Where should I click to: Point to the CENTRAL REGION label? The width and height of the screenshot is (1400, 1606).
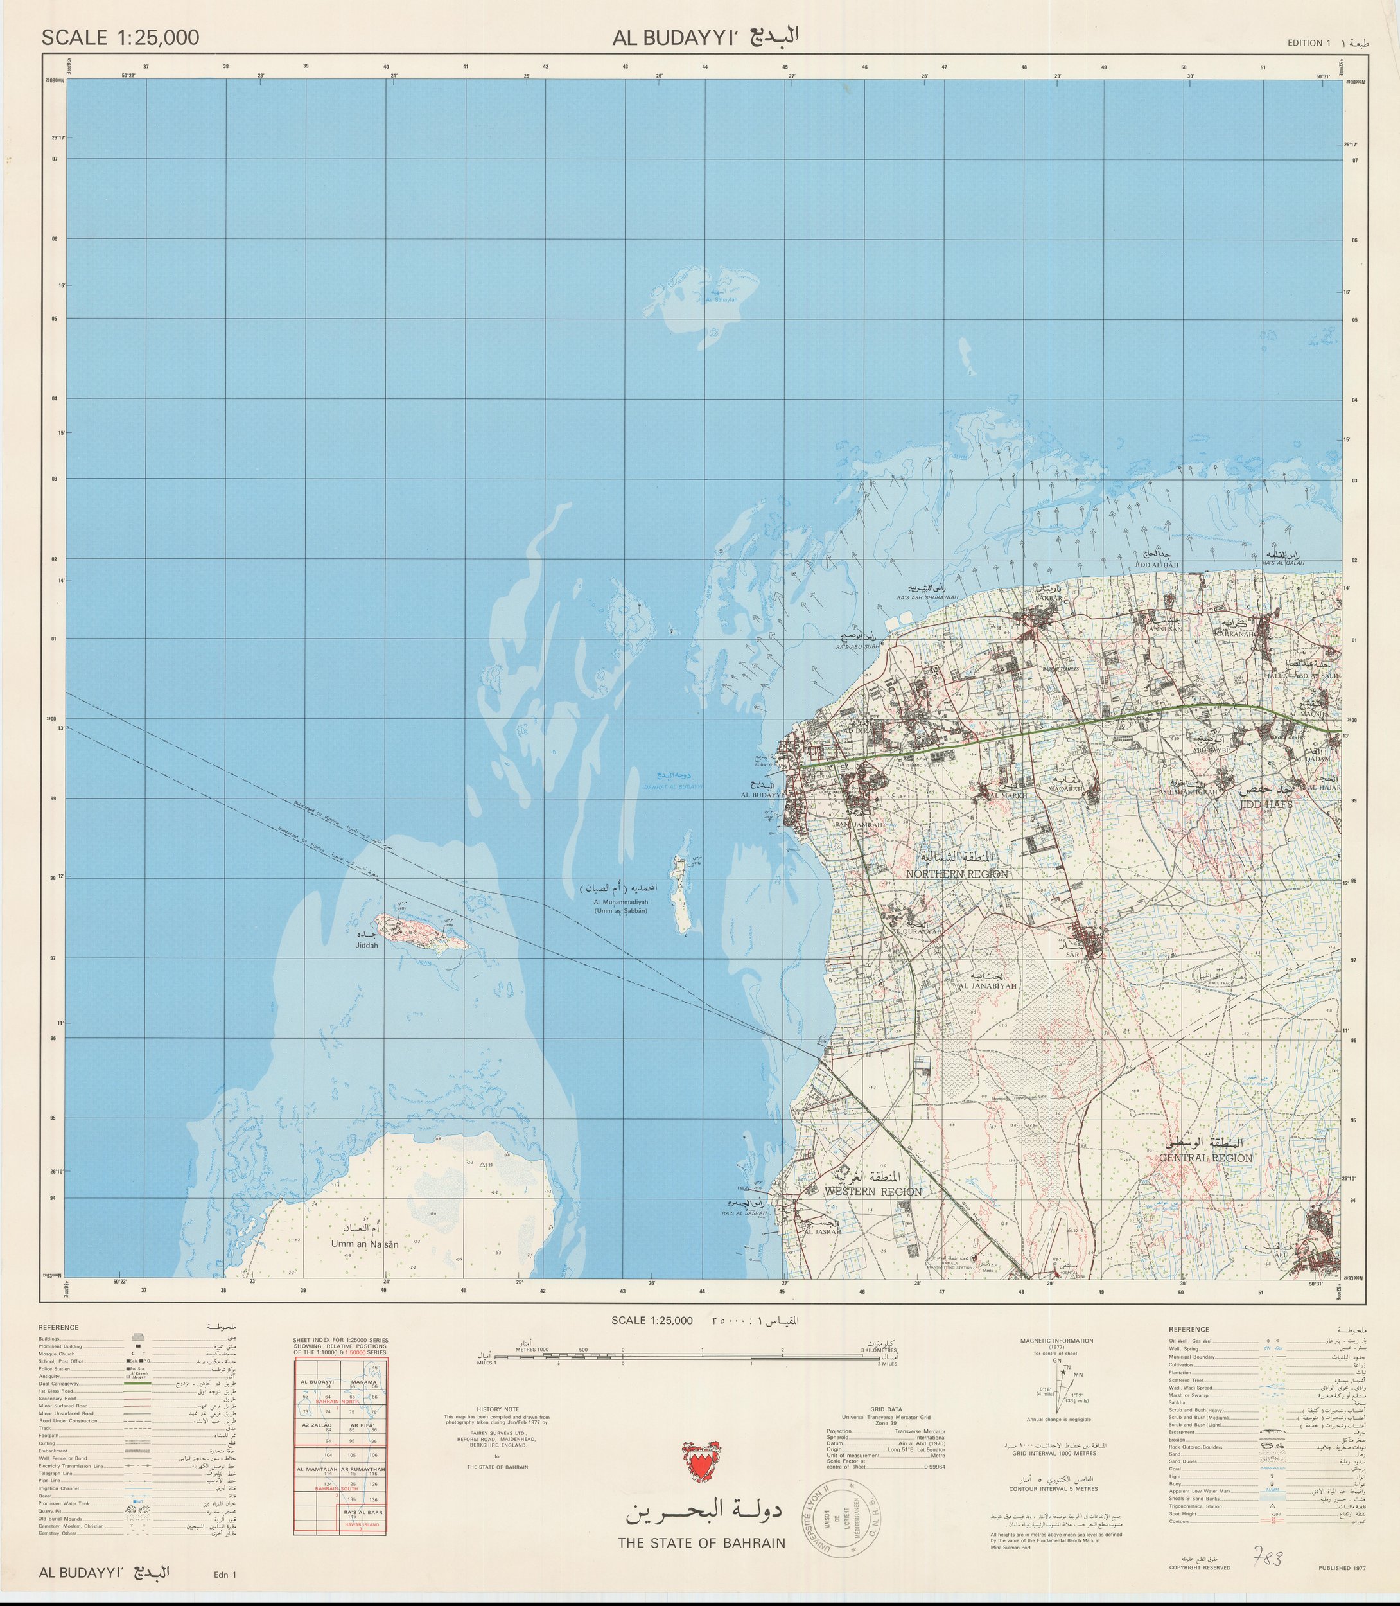(x=1210, y=1158)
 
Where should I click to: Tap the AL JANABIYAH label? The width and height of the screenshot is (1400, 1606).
(x=982, y=986)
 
